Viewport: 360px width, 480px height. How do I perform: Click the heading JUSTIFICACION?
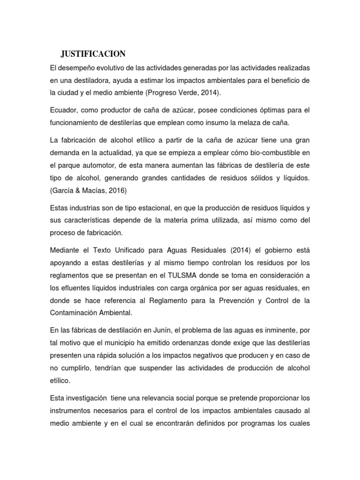[93, 52]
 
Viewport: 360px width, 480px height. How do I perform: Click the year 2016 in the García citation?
[118, 190]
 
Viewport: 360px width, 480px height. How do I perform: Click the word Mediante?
[65, 250]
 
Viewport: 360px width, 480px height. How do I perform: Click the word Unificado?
[135, 250]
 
